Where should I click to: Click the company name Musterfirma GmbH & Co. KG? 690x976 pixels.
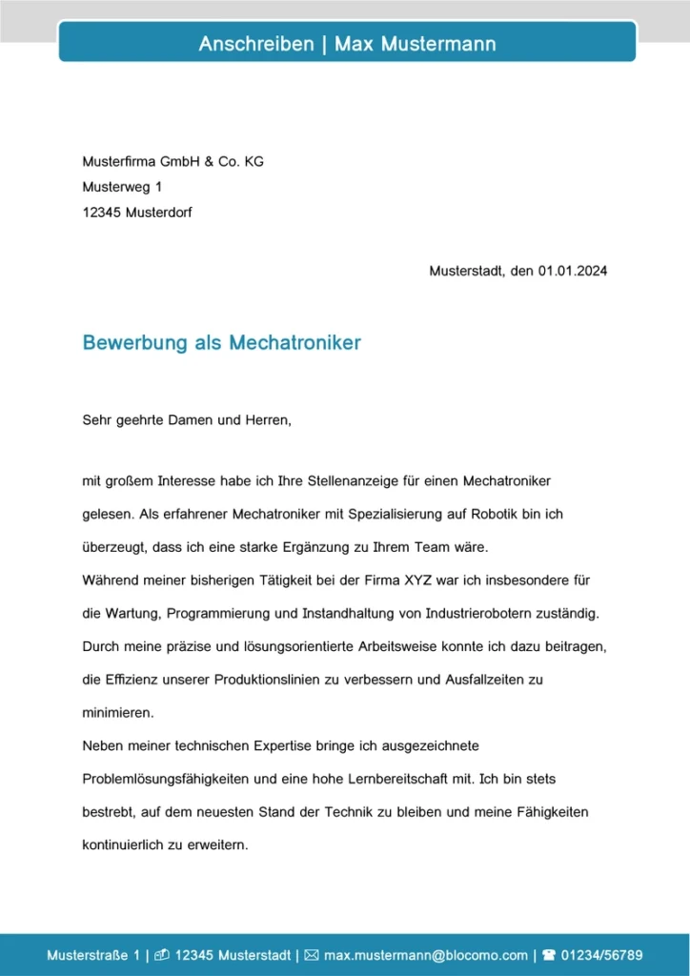point(172,162)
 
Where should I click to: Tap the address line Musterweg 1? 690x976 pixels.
point(122,188)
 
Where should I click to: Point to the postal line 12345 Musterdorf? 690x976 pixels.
point(137,213)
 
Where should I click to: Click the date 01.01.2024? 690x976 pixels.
point(572,271)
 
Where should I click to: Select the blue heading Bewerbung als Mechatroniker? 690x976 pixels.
point(222,343)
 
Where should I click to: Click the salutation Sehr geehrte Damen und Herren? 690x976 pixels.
point(186,419)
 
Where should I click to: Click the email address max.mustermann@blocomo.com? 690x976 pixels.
point(425,955)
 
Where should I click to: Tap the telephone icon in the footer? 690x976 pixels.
point(548,955)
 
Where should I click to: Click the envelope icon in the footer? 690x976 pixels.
point(312,955)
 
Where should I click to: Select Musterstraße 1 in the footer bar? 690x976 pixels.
point(93,955)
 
